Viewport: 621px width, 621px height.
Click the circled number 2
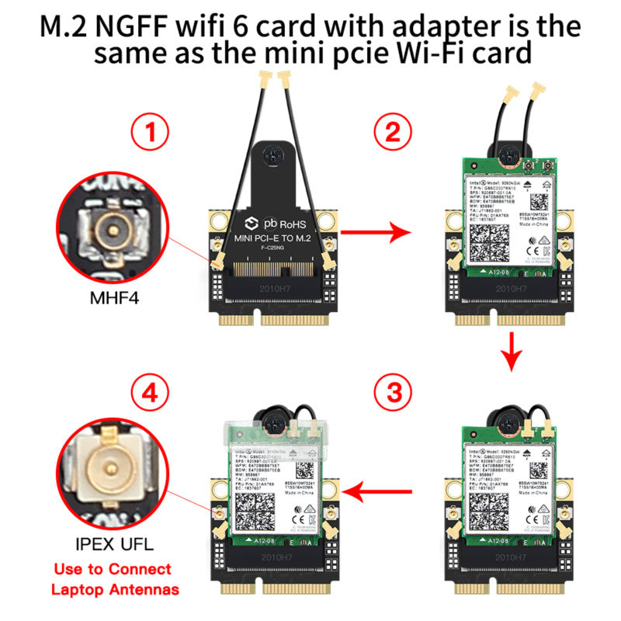(x=394, y=134)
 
